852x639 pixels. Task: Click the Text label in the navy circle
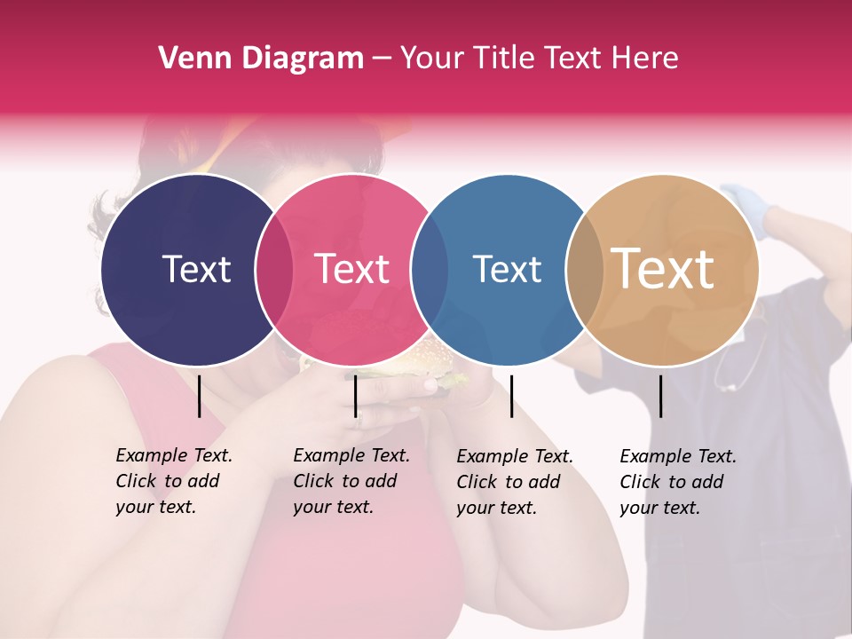coord(196,269)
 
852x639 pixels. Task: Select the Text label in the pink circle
coord(352,269)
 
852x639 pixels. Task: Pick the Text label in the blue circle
coord(507,269)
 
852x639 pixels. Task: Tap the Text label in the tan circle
coord(663,269)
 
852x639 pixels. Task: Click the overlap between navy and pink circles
coord(274,270)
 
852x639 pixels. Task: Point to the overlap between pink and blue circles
coord(430,270)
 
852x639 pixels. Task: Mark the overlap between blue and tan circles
coord(584,270)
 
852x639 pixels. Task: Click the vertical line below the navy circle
coord(199,396)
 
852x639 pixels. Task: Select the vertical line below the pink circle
coord(355,396)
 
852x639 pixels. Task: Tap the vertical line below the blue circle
coord(511,396)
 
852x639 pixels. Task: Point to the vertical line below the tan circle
coord(660,396)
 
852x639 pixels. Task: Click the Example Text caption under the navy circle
coord(173,481)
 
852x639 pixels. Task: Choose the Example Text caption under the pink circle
coord(351,481)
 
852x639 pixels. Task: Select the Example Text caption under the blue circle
coord(514,482)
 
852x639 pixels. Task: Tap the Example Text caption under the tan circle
coord(677,482)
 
